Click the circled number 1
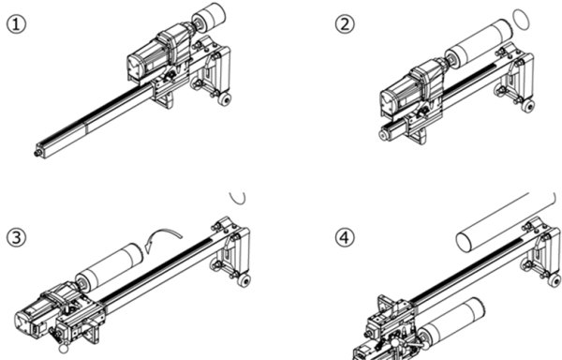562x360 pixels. pos(17,25)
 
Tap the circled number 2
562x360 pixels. pos(345,24)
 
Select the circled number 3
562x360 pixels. pos(17,237)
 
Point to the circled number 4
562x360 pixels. pos(345,237)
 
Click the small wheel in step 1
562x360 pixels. pos(226,100)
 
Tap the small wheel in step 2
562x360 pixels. pos(528,106)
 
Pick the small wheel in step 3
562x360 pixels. pos(244,281)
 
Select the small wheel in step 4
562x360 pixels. pos(555,280)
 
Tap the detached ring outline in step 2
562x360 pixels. pos(521,20)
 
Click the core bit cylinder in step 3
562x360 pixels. pos(109,265)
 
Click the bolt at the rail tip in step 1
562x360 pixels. pos(37,154)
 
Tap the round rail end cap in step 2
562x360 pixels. pos(385,135)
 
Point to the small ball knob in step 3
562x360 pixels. pos(64,348)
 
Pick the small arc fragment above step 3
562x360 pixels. pos(238,199)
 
